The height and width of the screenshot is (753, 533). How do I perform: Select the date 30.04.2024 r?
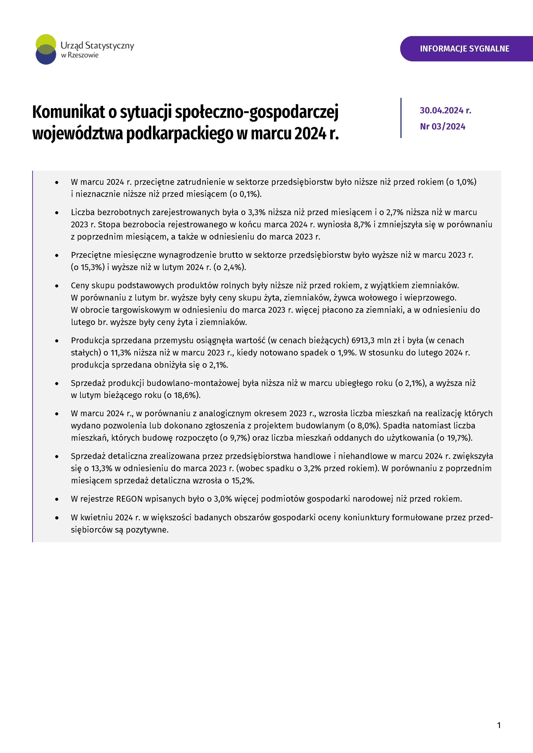tap(445, 111)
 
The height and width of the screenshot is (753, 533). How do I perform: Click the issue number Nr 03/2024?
tap(442, 127)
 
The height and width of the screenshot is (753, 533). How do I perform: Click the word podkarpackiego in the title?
tap(180, 134)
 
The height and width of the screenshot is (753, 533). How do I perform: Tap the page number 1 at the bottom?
tap(499, 725)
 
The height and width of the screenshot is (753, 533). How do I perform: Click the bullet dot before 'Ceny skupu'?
tap(57, 286)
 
